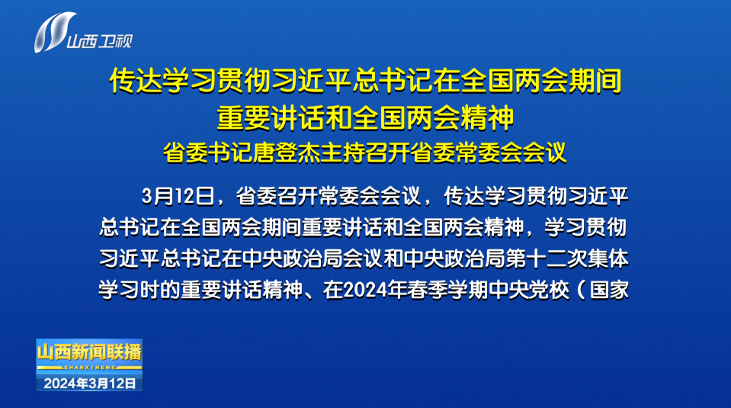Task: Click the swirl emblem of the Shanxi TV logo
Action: (x=53, y=32)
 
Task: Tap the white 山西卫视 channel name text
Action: (x=100, y=41)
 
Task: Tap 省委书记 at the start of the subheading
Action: (x=208, y=153)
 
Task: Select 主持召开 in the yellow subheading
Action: (x=365, y=153)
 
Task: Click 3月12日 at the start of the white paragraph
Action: (x=178, y=196)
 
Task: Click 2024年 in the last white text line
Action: (x=374, y=290)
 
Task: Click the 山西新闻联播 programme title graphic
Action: (x=89, y=352)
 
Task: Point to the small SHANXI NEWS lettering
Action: (x=89, y=368)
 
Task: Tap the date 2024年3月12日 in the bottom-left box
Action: (x=89, y=384)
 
